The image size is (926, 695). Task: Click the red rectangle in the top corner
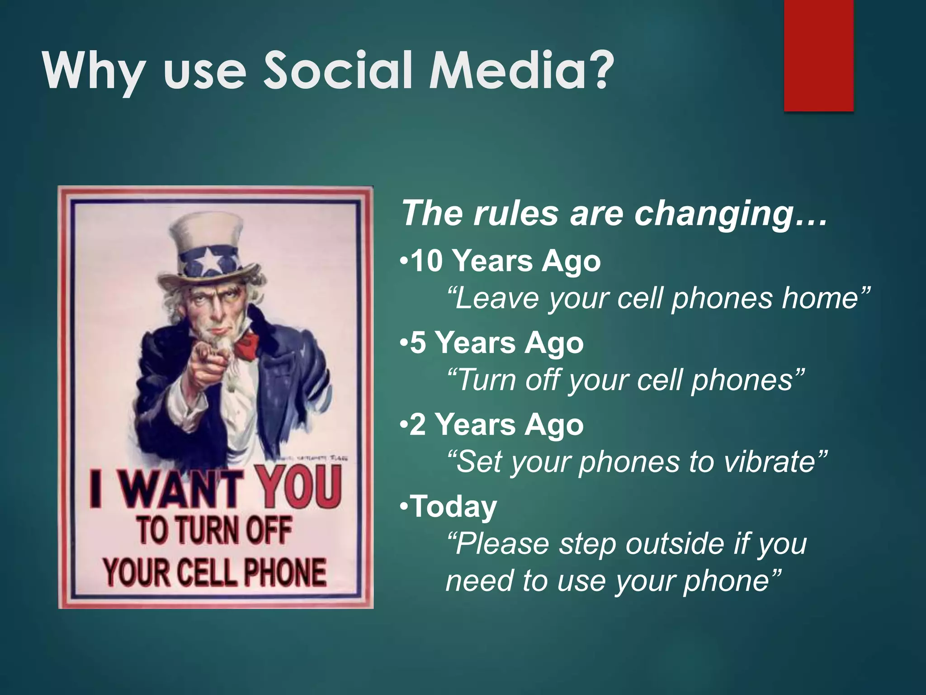pyautogui.click(x=818, y=54)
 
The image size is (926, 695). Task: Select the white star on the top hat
pyautogui.click(x=208, y=262)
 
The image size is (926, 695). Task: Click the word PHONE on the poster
pyautogui.click(x=285, y=573)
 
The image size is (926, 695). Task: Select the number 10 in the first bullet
pyautogui.click(x=427, y=262)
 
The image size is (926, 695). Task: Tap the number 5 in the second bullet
pyautogui.click(x=418, y=343)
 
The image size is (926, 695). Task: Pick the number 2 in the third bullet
pyautogui.click(x=418, y=425)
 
